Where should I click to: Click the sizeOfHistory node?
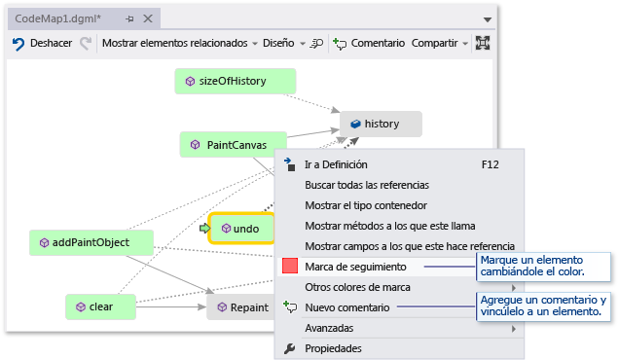click(234, 82)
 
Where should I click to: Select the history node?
click(381, 124)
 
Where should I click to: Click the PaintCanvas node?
click(234, 145)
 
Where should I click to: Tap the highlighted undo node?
click(239, 229)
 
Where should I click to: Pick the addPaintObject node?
click(92, 242)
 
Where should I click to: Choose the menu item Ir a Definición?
click(336, 164)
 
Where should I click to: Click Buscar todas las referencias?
click(366, 185)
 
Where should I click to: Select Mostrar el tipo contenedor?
click(365, 205)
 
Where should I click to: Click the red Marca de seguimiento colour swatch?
click(289, 267)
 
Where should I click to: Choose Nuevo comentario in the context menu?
click(346, 307)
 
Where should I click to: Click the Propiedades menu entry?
click(333, 348)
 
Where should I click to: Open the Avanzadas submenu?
click(330, 328)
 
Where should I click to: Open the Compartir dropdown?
click(439, 43)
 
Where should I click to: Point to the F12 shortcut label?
click(490, 164)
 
